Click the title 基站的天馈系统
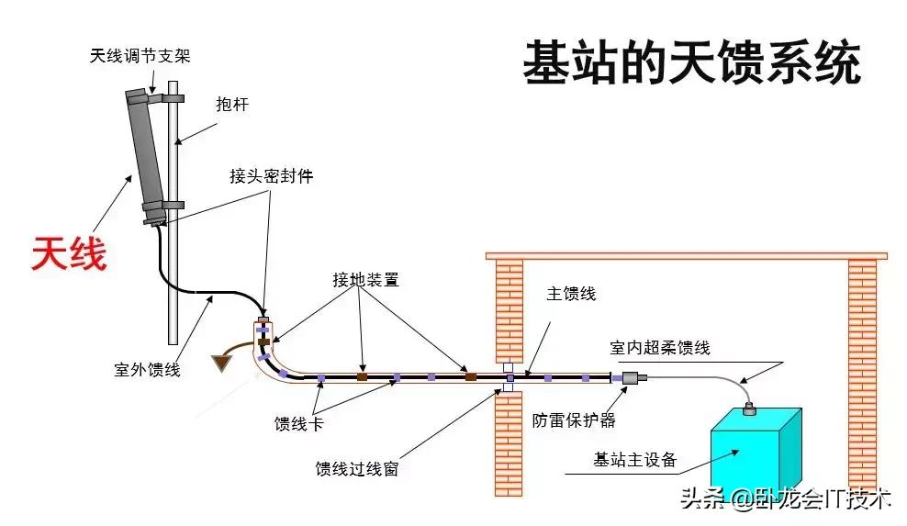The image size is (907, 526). coord(692,64)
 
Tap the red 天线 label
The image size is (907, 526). coord(69,253)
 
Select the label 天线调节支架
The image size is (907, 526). coord(140,56)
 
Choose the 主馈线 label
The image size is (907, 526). coord(571,295)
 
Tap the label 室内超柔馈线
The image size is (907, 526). coord(660,348)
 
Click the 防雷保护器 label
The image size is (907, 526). coord(574,420)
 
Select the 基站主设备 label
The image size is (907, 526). coord(635,460)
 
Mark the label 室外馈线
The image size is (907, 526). coord(147,370)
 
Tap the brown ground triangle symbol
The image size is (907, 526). coord(221,364)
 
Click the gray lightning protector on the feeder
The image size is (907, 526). coord(631,377)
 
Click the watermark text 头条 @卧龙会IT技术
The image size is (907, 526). coord(786,499)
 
